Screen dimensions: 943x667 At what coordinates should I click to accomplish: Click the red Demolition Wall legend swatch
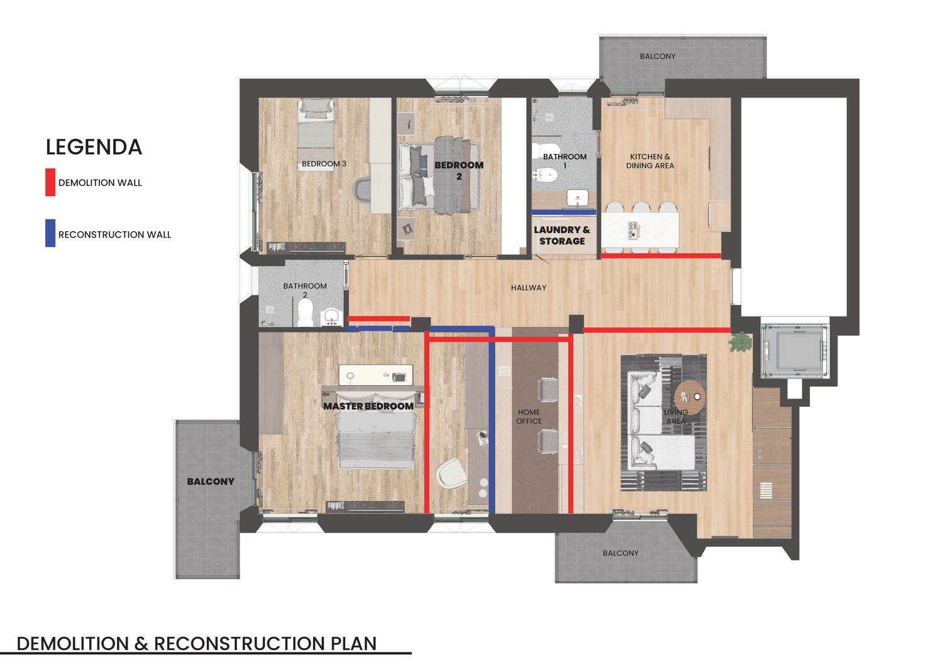click(50, 182)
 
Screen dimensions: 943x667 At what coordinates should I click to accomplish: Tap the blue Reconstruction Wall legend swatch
click(50, 233)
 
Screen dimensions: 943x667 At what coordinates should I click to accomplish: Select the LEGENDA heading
click(94, 147)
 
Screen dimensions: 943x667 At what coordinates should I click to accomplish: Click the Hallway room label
click(528, 287)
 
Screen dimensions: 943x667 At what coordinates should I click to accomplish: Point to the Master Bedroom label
click(368, 406)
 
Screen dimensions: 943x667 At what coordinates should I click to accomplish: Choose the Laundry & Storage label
click(562, 235)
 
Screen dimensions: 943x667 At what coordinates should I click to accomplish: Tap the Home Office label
click(529, 416)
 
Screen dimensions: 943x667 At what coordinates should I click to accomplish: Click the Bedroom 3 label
click(324, 164)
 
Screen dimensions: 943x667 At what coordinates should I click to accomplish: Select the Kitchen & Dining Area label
click(649, 162)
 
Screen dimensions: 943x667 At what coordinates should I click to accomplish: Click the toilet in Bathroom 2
click(305, 313)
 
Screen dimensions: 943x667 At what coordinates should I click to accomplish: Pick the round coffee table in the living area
click(690, 397)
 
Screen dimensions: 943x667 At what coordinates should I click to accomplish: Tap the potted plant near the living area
click(740, 341)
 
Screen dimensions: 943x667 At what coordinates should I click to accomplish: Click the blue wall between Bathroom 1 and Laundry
click(564, 212)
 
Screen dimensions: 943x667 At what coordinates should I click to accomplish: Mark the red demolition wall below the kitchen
click(661, 256)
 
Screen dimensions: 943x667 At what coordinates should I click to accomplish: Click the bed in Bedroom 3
click(316, 134)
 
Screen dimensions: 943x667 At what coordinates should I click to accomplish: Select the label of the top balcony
click(657, 57)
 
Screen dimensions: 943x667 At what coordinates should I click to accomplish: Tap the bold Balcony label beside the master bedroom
click(211, 482)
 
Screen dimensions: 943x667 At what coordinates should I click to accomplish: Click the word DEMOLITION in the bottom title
click(73, 644)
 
